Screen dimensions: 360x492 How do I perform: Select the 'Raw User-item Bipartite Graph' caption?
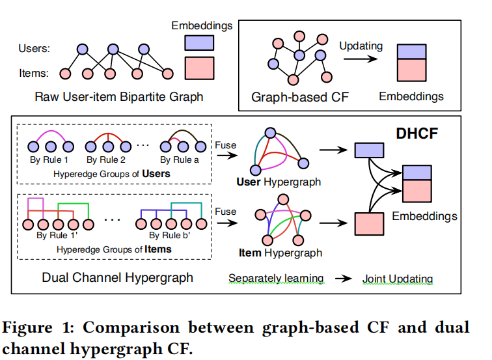click(x=119, y=98)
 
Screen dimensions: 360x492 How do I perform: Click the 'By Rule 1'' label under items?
click(x=57, y=236)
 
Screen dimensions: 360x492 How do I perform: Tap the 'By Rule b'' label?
click(x=170, y=236)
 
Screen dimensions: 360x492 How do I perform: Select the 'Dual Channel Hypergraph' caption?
click(x=117, y=277)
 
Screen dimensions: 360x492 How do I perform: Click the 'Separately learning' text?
click(x=275, y=279)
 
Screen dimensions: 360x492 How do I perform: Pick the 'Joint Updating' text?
click(x=398, y=279)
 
